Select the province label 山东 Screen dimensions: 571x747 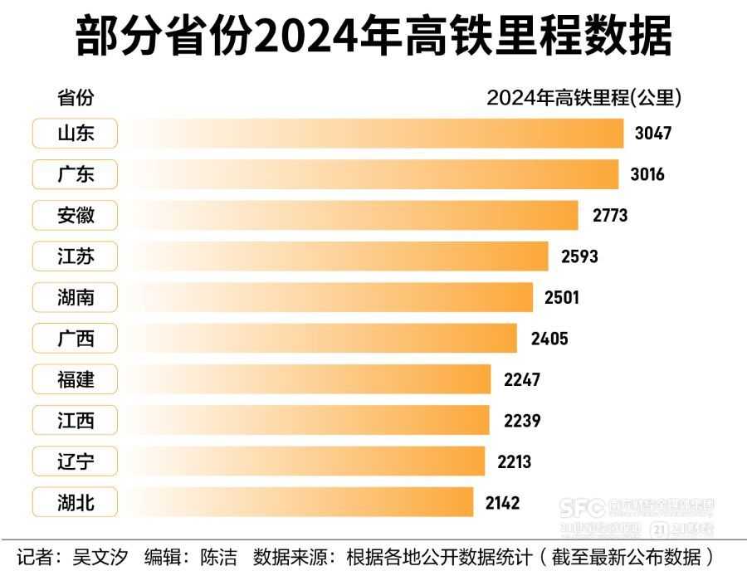coord(76,134)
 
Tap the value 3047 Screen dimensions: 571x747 coord(652,134)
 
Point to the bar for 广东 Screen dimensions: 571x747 coord(373,174)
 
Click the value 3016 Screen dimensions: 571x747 coord(647,174)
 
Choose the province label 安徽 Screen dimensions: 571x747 coord(76,216)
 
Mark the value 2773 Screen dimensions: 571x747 coord(610,216)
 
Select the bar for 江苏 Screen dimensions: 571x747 coord(340,256)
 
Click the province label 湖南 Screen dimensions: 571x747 coord(76,297)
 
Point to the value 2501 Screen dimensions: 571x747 coord(561,297)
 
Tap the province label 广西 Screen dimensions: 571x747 coord(76,339)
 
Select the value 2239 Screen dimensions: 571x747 coord(522,421)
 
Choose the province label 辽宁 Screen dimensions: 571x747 coord(76,461)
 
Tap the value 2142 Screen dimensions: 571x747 coord(502,502)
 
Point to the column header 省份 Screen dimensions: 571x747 coord(75,98)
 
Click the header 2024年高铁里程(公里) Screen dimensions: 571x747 coord(583,98)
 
